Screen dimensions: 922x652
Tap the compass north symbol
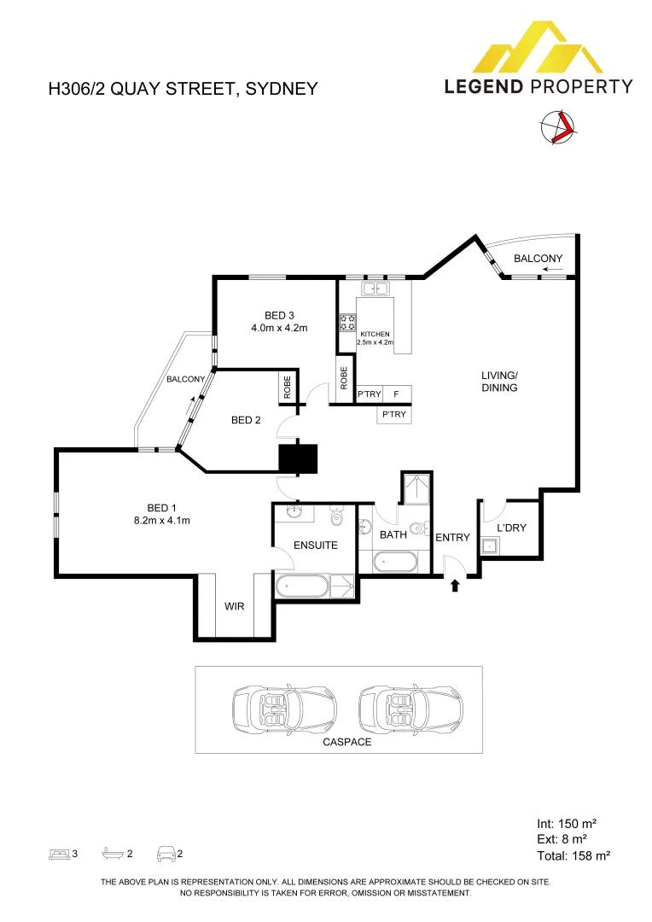558,128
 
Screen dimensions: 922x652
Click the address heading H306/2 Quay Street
183,89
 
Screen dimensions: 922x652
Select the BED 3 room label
279,317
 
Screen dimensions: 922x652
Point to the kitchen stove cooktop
347,322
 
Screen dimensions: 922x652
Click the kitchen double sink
375,288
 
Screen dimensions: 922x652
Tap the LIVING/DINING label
499,381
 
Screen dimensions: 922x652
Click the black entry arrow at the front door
455,585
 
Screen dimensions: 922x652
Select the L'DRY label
511,528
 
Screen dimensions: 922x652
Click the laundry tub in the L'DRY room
489,547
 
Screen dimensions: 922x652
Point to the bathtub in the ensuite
301,587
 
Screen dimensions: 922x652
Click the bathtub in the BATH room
395,562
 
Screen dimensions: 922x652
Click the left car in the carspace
284,709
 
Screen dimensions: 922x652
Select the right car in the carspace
411,709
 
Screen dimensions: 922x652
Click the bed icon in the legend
59,853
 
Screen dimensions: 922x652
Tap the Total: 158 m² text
573,855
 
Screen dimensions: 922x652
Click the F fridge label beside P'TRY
396,394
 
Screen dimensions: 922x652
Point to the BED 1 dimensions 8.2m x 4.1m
160,521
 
